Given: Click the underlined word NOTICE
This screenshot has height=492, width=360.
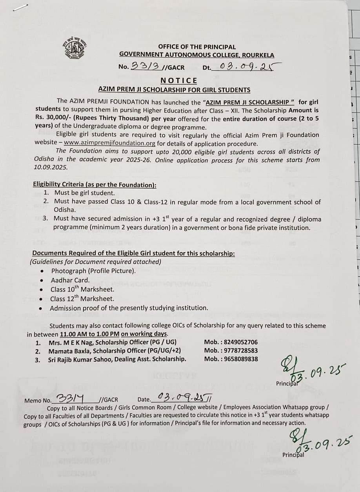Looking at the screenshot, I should [x=179, y=80].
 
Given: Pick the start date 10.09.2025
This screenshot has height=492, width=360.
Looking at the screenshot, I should [x=51, y=167].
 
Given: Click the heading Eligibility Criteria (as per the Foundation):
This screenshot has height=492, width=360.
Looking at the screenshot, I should [x=95, y=184].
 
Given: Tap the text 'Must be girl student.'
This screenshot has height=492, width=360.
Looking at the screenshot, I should [x=84, y=193].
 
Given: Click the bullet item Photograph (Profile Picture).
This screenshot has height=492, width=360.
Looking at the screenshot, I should [x=93, y=271].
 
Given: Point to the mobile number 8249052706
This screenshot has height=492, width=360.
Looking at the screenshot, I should [x=240, y=342].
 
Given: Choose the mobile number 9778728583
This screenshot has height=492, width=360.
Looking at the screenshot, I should [x=240, y=350].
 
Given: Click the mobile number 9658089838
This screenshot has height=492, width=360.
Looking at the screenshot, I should [x=240, y=359].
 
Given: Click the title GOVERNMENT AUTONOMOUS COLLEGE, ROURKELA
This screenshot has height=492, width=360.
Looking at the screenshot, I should [x=197, y=55].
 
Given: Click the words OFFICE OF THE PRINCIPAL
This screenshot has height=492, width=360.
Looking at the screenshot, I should [x=197, y=47].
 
